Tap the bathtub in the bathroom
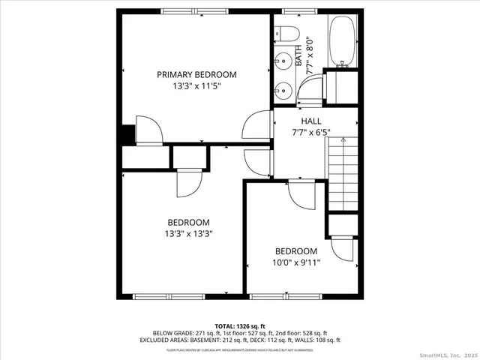[x=343, y=41]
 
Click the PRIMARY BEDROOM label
[x=196, y=74]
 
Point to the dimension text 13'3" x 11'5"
[x=196, y=86]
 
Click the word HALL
[x=310, y=121]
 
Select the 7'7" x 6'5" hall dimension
[x=310, y=133]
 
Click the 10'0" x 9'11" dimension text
[x=295, y=262]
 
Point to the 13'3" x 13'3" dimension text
[x=188, y=233]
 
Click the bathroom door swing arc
[x=307, y=91]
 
